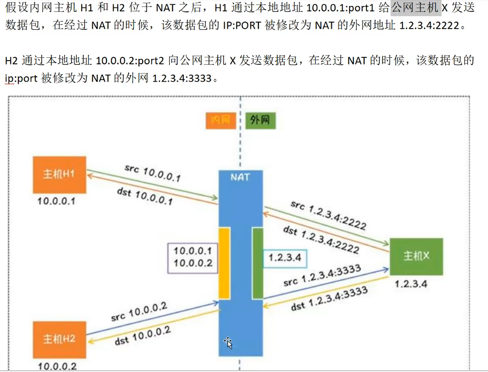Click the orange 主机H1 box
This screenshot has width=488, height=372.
tap(59, 175)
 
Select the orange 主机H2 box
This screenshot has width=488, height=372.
tap(59, 339)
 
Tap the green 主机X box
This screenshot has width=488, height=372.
tap(416, 256)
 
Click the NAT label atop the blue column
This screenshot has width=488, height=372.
tap(240, 177)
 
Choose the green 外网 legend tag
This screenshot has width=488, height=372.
tap(260, 121)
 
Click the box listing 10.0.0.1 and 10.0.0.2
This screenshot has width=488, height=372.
tap(193, 257)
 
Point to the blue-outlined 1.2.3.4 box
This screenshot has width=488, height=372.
tap(285, 257)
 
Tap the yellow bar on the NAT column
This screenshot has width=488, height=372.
tap(224, 263)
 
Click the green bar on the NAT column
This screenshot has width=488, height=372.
tap(257, 263)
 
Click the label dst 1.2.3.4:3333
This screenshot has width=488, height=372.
tap(330, 298)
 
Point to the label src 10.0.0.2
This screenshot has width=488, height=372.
tap(139, 313)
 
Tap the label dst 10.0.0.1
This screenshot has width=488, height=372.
tap(144, 196)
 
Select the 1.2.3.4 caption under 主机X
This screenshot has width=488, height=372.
tap(411, 283)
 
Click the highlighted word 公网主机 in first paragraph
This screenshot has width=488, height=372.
tap(416, 9)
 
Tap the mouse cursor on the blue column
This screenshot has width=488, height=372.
tap(229, 342)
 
